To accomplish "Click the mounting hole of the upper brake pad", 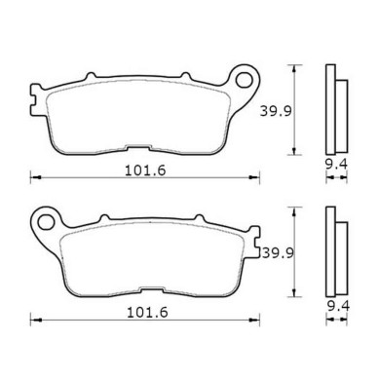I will (241, 75).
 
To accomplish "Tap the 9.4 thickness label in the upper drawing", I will (334, 178).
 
